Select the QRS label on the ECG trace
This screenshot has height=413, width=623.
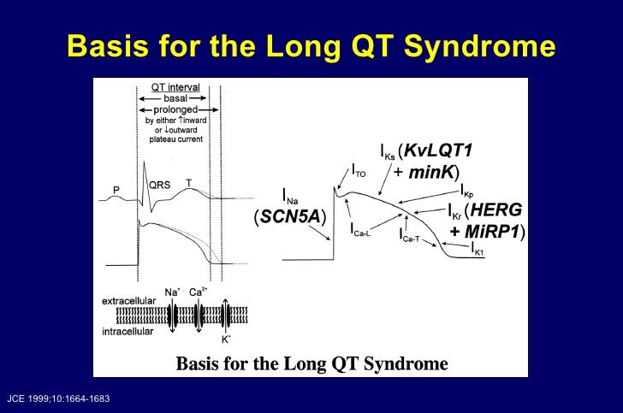[x=160, y=185]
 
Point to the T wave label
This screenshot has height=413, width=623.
[x=188, y=182]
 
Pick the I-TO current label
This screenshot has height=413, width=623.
[x=359, y=171]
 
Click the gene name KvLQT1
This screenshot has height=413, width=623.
[x=439, y=150]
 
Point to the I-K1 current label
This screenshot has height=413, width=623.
[x=480, y=250]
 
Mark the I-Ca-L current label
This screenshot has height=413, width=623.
[x=361, y=229]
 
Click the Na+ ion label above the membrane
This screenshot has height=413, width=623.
[x=172, y=293]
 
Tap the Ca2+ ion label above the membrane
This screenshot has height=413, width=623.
[x=199, y=293]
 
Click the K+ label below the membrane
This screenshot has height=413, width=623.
[x=225, y=339]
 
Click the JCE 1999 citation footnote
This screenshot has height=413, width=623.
[x=56, y=399]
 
